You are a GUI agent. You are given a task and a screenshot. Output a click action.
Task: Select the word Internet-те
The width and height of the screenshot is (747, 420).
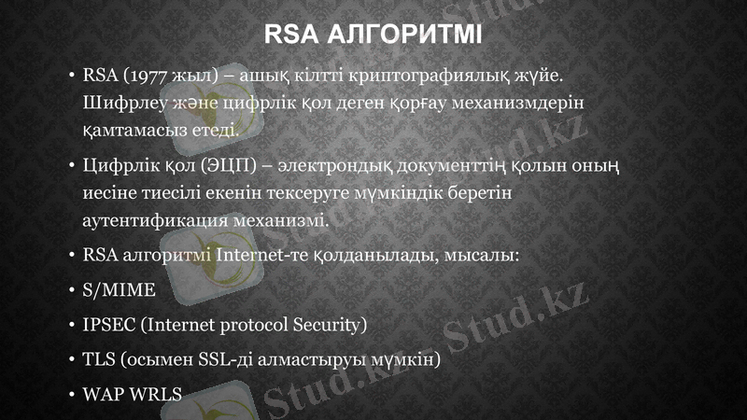click(260, 254)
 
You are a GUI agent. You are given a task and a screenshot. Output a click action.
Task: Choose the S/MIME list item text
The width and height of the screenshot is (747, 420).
click(119, 289)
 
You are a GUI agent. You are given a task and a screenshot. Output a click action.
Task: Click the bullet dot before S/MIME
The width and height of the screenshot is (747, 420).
click(71, 290)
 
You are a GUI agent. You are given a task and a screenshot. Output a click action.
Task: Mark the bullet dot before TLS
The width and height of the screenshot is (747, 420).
click(71, 359)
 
